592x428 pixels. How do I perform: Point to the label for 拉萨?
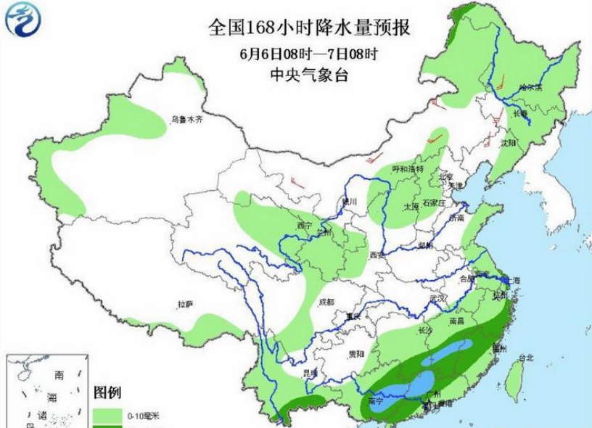[x=185, y=305]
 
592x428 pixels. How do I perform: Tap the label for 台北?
[x=526, y=358]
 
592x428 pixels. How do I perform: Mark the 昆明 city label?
[x=310, y=373]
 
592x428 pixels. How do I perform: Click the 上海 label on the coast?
[x=513, y=280]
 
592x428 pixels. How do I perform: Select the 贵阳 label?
[x=355, y=354]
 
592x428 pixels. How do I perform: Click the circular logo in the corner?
[x=24, y=20]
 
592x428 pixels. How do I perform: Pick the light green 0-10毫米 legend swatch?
[x=108, y=414]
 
